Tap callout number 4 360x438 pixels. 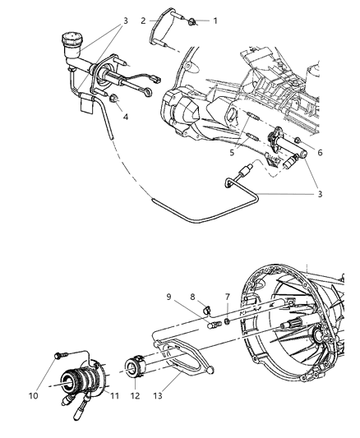[x=125, y=116]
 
